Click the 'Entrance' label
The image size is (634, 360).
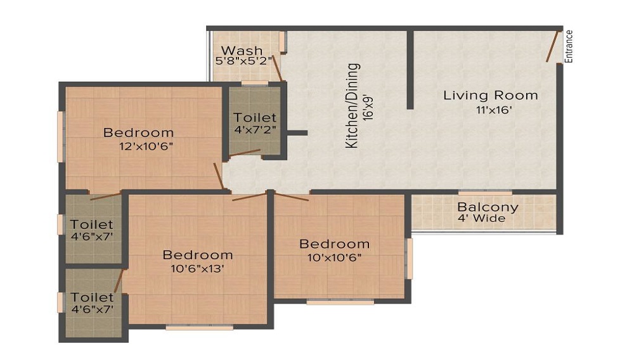(x=569, y=46)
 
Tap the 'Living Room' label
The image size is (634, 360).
(x=491, y=95)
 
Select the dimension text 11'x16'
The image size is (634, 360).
(x=494, y=110)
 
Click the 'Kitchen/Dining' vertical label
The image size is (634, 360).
(x=353, y=106)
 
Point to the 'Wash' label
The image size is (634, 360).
(x=242, y=51)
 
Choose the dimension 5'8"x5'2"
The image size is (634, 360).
(x=243, y=61)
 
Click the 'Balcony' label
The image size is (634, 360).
(x=488, y=208)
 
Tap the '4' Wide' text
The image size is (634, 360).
(x=481, y=219)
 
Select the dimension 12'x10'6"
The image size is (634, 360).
(x=146, y=146)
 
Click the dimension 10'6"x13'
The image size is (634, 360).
(x=197, y=269)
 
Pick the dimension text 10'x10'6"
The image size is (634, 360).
(x=334, y=258)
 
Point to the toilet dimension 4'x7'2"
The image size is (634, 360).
(x=255, y=130)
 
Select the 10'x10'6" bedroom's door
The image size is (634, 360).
(x=292, y=196)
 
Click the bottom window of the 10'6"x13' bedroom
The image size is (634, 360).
(x=199, y=328)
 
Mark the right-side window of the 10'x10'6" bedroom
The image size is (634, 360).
(x=410, y=259)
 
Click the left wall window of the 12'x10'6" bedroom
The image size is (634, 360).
(x=60, y=136)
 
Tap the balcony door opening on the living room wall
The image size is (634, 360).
(x=485, y=193)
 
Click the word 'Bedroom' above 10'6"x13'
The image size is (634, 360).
(x=198, y=255)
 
